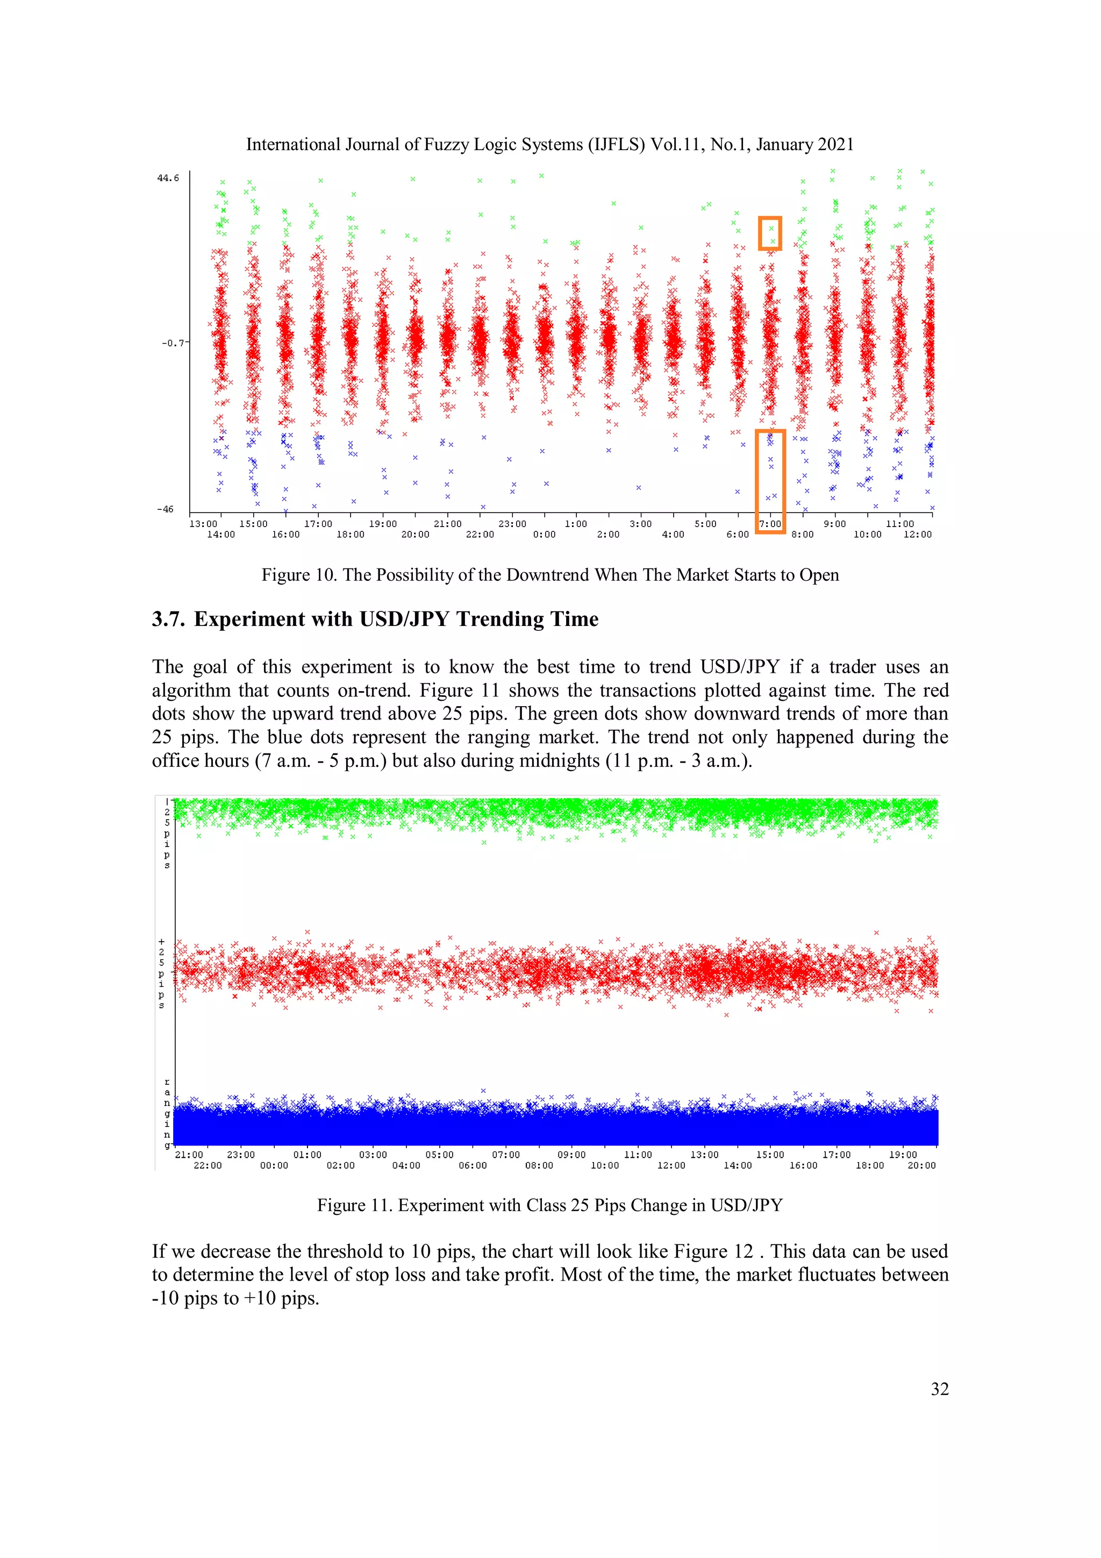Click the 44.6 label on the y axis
coord(168,179)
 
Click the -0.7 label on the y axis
coord(173,343)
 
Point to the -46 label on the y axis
coord(165,509)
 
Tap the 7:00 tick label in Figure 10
coord(769,524)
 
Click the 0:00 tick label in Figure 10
coord(544,535)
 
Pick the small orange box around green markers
coord(770,233)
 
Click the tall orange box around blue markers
coord(770,480)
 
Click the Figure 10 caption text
coord(550,575)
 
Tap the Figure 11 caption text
coord(550,1205)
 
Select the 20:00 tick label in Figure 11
coord(921,1166)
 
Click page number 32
coord(940,1389)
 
